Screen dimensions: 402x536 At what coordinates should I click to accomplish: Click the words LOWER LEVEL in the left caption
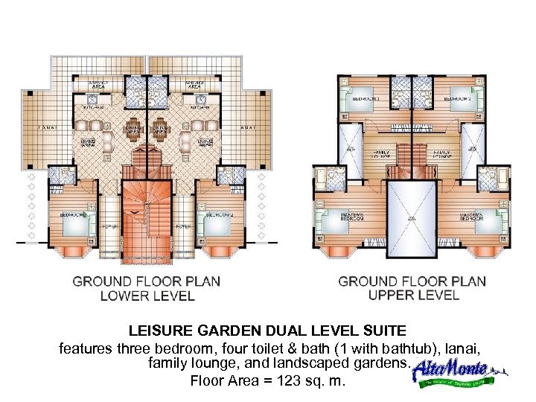[147, 296]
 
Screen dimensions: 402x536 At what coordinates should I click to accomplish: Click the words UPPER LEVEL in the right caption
[413, 295]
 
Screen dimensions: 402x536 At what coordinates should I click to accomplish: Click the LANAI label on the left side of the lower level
[49, 127]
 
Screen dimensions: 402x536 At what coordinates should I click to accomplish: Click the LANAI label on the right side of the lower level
[248, 127]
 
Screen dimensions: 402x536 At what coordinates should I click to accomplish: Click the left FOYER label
[109, 226]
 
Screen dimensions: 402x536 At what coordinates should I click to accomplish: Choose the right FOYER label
[183, 226]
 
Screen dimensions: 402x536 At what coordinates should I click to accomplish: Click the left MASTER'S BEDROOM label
[351, 217]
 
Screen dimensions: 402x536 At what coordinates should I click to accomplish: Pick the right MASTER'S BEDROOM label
[472, 217]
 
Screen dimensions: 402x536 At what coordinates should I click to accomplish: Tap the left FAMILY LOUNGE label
[380, 154]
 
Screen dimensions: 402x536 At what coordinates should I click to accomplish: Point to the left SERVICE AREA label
[99, 84]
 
